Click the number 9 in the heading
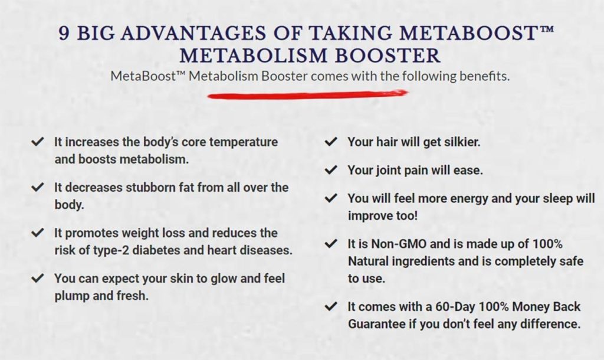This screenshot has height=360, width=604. click(x=65, y=33)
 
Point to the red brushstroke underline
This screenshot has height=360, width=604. click(x=307, y=94)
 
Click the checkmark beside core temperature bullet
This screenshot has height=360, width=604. click(x=38, y=142)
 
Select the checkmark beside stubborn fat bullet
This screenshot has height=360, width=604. click(x=38, y=187)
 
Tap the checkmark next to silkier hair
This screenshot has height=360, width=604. click(x=331, y=142)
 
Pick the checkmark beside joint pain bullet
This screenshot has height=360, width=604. click(x=331, y=170)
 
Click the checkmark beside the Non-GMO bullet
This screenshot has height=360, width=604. click(x=331, y=243)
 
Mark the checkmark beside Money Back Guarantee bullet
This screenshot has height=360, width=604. click(x=331, y=307)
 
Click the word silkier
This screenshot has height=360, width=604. click(x=457, y=142)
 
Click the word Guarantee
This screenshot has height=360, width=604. click(x=376, y=324)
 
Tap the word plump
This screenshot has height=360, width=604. click(x=72, y=295)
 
